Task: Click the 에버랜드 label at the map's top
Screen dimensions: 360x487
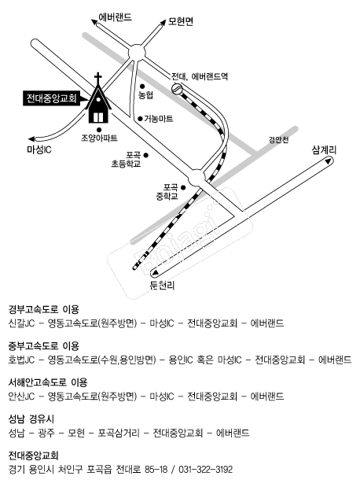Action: (115, 17)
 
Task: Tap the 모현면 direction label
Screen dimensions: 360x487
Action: (181, 21)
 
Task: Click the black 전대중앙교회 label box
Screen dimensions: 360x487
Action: (51, 98)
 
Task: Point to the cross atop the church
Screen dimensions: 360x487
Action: (98, 78)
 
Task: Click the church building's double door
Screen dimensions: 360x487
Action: (98, 117)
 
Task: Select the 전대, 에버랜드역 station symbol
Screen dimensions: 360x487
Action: (176, 89)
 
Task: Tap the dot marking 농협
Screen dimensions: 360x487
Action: (142, 86)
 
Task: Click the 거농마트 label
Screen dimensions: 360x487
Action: (158, 119)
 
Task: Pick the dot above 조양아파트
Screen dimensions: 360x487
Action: (99, 130)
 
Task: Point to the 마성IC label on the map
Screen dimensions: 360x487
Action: (39, 150)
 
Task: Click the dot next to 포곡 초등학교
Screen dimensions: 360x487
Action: (146, 155)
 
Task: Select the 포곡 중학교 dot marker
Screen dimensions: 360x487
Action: (183, 187)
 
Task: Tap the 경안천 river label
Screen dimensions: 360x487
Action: (278, 140)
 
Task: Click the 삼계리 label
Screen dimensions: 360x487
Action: (324, 150)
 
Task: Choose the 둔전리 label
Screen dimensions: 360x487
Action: (162, 286)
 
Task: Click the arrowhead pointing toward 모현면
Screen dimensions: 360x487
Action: (163, 22)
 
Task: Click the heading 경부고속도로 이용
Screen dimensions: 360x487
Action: (44, 309)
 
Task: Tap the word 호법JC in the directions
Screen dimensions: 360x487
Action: (21, 360)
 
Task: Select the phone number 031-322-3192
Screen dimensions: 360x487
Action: (205, 469)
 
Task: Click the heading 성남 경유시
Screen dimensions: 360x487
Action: (31, 419)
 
